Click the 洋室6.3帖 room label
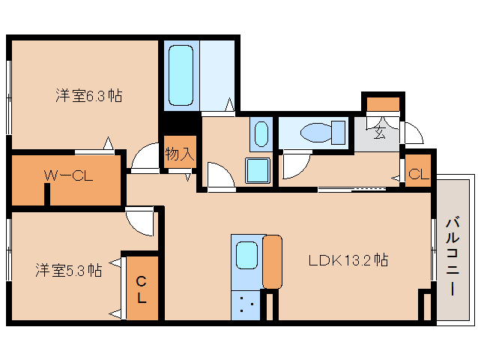(88, 96)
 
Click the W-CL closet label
(67, 176)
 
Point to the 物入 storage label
(180, 154)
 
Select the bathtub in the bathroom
(181, 75)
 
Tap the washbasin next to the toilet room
(260, 133)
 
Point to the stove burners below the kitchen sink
(246, 305)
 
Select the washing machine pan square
(259, 172)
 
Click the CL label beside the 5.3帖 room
(141, 289)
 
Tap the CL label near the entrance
(419, 174)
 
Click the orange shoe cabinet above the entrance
(382, 104)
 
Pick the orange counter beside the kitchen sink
(272, 261)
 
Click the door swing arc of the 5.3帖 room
(139, 222)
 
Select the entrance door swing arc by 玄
(412, 133)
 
